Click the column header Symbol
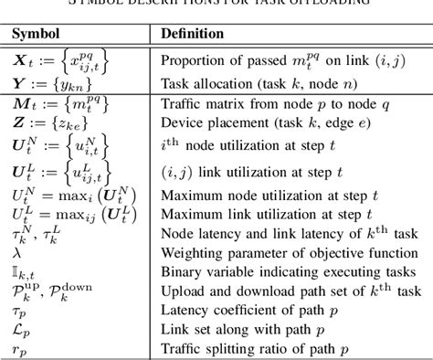point(37,33)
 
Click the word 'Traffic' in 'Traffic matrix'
point(182,105)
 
